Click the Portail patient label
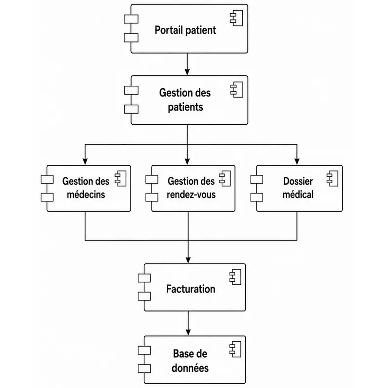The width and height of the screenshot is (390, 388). pos(185,30)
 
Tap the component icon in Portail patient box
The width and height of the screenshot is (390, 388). pos(236,18)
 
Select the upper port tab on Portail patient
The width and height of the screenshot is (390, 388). pos(131,19)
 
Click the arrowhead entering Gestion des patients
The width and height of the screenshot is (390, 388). pos(187,72)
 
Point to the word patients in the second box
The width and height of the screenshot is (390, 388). pos(185,107)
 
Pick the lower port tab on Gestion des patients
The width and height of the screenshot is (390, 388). pos(131,109)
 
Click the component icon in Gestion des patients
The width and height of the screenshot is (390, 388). pos(237,90)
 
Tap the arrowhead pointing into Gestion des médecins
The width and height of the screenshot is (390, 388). pos(85,161)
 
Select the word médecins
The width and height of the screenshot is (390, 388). pos(86,194)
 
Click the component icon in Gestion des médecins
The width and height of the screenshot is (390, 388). pos(120,178)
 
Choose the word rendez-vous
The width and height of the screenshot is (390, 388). pos(191,194)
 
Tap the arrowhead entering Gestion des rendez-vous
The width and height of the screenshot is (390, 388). pos(187,161)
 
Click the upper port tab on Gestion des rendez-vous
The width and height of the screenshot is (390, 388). pos(152,179)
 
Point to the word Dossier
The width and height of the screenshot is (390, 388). pos(298,181)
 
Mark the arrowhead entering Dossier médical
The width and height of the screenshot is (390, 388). pos(297,161)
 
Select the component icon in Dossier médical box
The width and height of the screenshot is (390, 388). pos(332,178)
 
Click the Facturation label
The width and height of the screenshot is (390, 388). pos(191,289)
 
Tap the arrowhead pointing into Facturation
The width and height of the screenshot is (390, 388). pos(188,260)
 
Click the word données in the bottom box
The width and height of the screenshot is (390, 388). pos(190,368)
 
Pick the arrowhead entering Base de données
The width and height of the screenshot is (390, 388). pos(188,332)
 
